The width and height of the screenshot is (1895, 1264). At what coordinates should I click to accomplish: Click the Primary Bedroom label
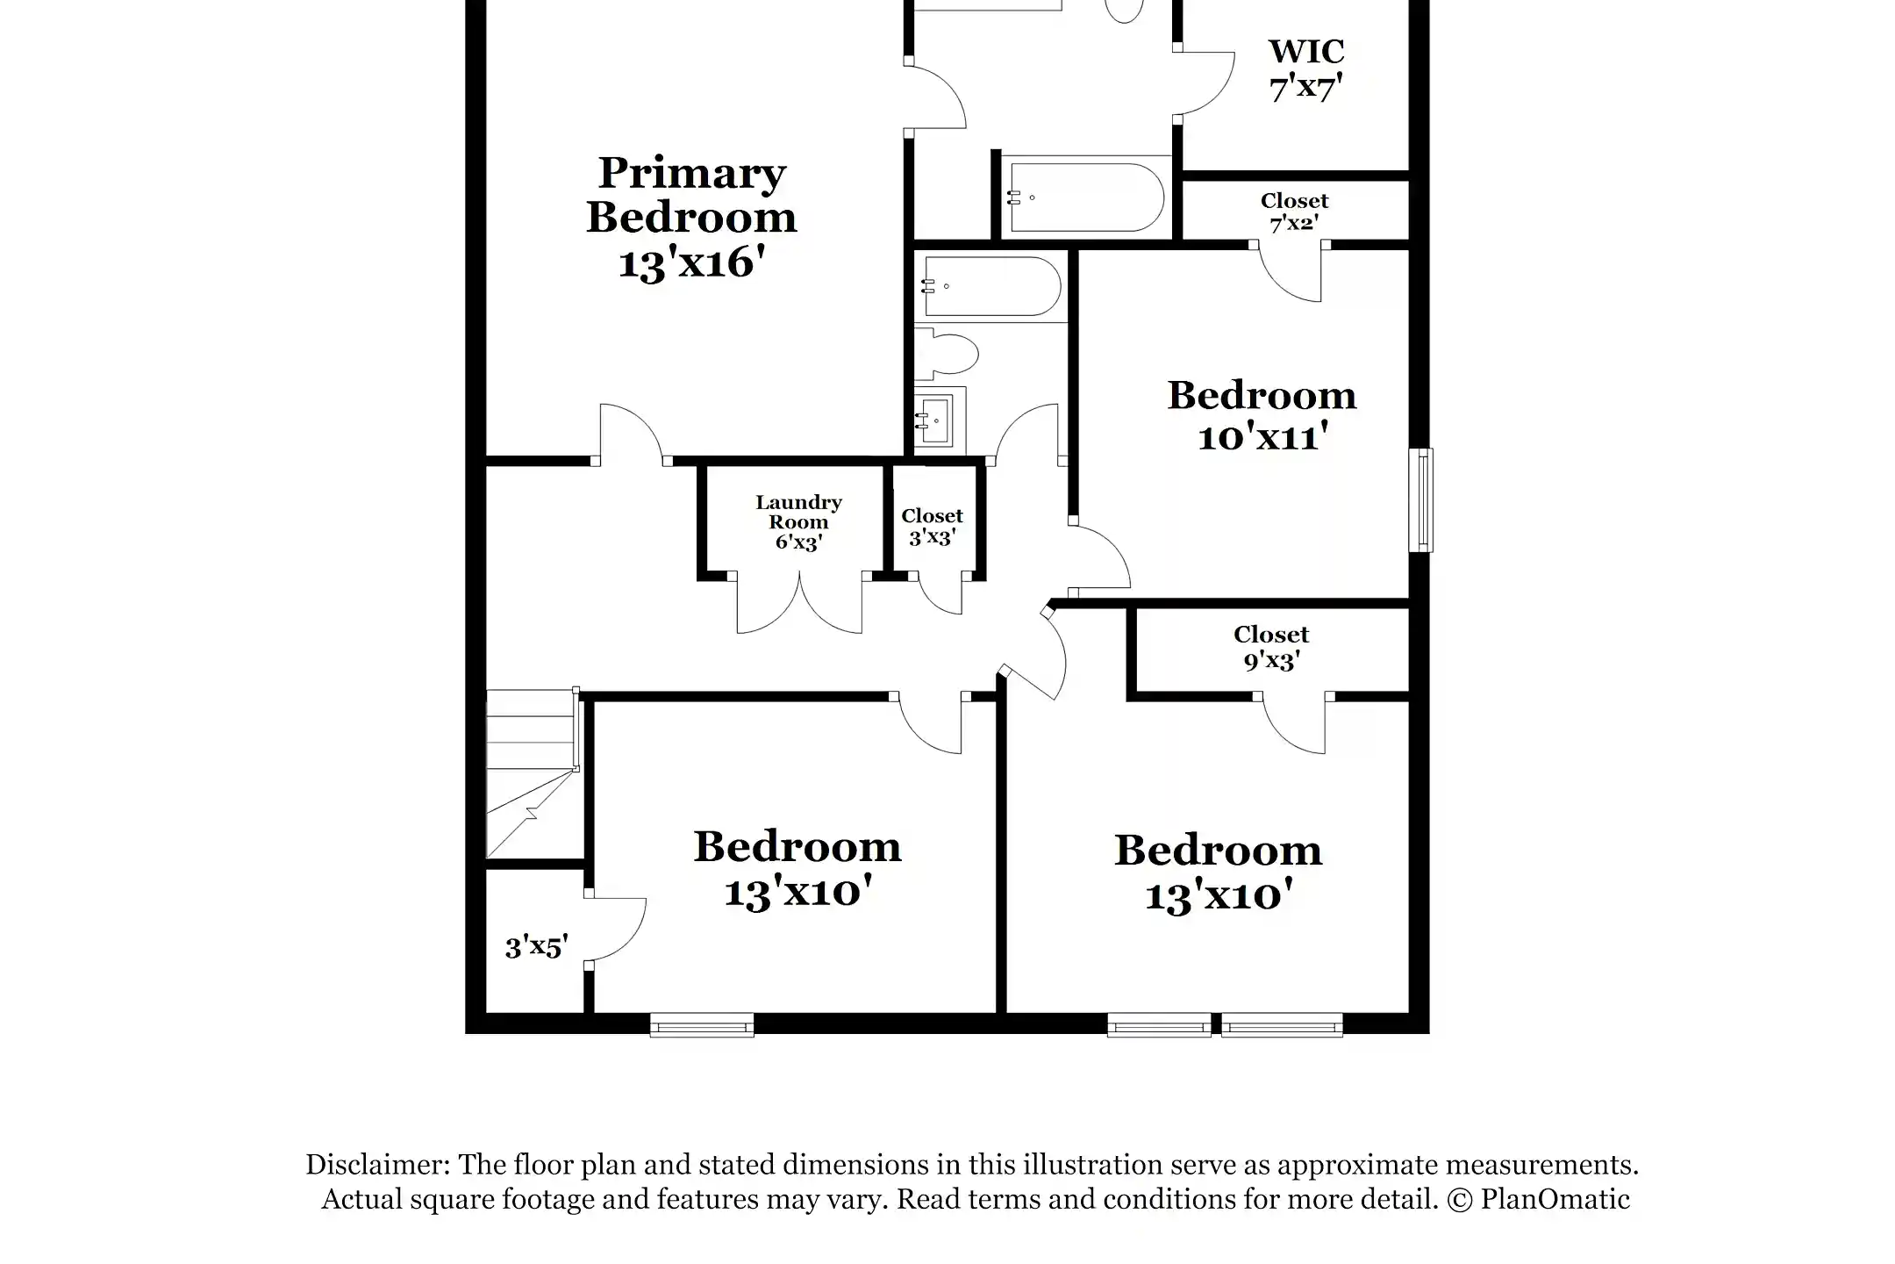click(x=691, y=195)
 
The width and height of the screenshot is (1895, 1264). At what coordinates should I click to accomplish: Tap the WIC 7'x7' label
click(x=1306, y=69)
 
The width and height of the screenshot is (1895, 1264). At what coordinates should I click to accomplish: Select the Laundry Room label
click(x=798, y=513)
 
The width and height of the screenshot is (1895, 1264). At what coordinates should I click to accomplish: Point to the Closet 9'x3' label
click(x=1271, y=647)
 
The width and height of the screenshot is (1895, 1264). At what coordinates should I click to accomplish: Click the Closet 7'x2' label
click(x=1294, y=212)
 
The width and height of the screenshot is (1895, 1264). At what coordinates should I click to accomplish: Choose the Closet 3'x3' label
click(x=932, y=527)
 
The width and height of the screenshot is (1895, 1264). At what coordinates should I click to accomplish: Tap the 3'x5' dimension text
click(x=536, y=947)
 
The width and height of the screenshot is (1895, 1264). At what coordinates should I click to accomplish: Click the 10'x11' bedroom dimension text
click(x=1262, y=436)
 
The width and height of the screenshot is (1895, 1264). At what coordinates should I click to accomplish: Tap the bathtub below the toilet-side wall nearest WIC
click(x=1086, y=197)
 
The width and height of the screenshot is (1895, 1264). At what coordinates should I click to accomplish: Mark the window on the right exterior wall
click(x=1421, y=500)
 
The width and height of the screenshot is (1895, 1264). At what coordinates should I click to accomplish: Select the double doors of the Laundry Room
click(x=799, y=604)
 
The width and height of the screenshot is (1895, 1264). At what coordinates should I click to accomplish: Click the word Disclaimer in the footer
click(x=376, y=1165)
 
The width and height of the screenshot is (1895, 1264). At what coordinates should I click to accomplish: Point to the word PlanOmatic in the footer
click(x=1555, y=1199)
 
